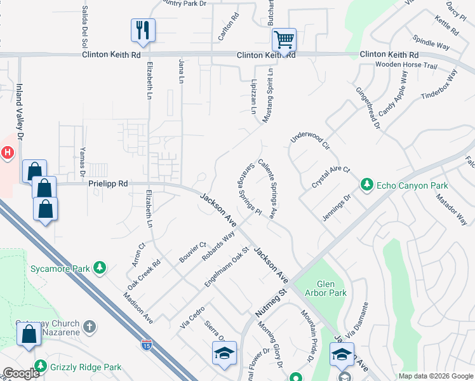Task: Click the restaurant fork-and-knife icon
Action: coord(143,29)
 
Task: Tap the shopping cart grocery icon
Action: coord(283,40)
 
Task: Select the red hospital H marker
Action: coord(7,152)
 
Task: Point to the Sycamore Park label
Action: coord(60,269)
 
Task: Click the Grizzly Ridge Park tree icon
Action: coord(41,367)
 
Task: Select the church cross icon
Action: coord(90,327)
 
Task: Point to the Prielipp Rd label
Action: coord(108,184)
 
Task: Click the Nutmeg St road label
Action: coord(271,302)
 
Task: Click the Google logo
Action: coord(21,373)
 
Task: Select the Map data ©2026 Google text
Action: coord(436,376)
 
